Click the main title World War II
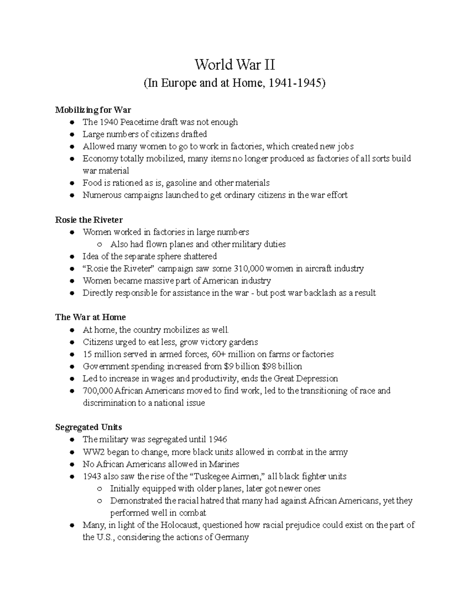pyautogui.click(x=235, y=65)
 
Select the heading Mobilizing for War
pyautogui.click(x=93, y=110)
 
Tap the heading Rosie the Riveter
pyautogui.click(x=89, y=220)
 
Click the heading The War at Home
pyautogui.click(x=90, y=317)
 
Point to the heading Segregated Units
pyautogui.click(x=89, y=427)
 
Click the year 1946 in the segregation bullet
pyautogui.click(x=218, y=440)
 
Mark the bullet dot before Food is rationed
pyautogui.click(x=72, y=183)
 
